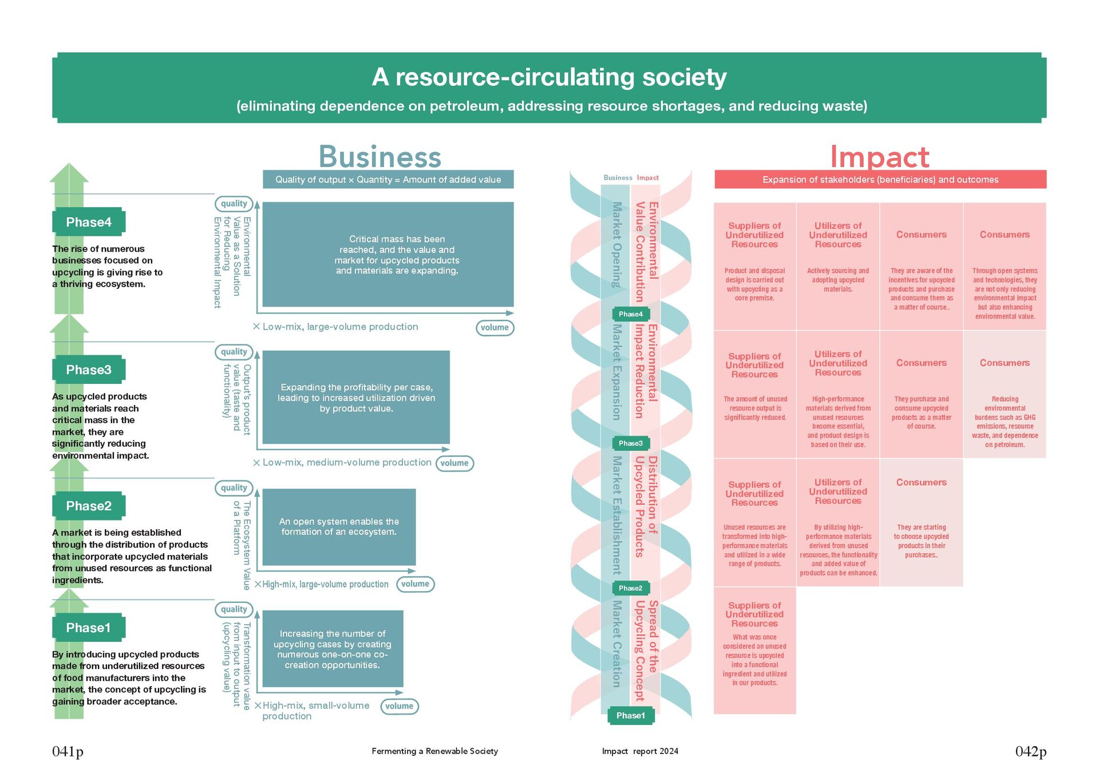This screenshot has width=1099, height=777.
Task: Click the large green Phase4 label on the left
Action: click(89, 222)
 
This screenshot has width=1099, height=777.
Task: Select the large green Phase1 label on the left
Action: click(88, 628)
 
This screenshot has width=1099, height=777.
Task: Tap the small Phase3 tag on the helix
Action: click(630, 443)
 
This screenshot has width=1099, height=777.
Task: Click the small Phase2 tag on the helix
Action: click(630, 588)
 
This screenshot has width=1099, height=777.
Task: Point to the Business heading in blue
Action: click(379, 157)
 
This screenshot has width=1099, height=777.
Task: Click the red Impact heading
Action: click(879, 157)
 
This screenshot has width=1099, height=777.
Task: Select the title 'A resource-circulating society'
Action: click(549, 77)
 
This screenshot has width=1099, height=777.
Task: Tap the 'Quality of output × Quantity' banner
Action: click(388, 180)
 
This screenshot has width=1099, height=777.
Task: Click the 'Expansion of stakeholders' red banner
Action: click(880, 180)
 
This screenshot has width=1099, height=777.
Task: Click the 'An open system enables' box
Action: click(339, 526)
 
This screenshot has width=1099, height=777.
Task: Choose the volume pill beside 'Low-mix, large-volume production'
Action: click(495, 327)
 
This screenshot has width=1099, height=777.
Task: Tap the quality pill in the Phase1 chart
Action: click(234, 609)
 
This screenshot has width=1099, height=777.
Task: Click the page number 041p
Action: click(68, 751)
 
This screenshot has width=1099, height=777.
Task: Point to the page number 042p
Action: click(1030, 751)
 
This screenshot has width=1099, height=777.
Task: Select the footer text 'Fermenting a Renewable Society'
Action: click(434, 751)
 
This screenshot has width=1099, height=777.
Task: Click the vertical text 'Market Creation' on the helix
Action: click(616, 644)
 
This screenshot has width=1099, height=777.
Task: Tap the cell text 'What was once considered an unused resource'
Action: click(754, 660)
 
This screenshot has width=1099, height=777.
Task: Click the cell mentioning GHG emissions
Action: click(1005, 422)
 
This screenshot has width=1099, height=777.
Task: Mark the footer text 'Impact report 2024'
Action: click(640, 751)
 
